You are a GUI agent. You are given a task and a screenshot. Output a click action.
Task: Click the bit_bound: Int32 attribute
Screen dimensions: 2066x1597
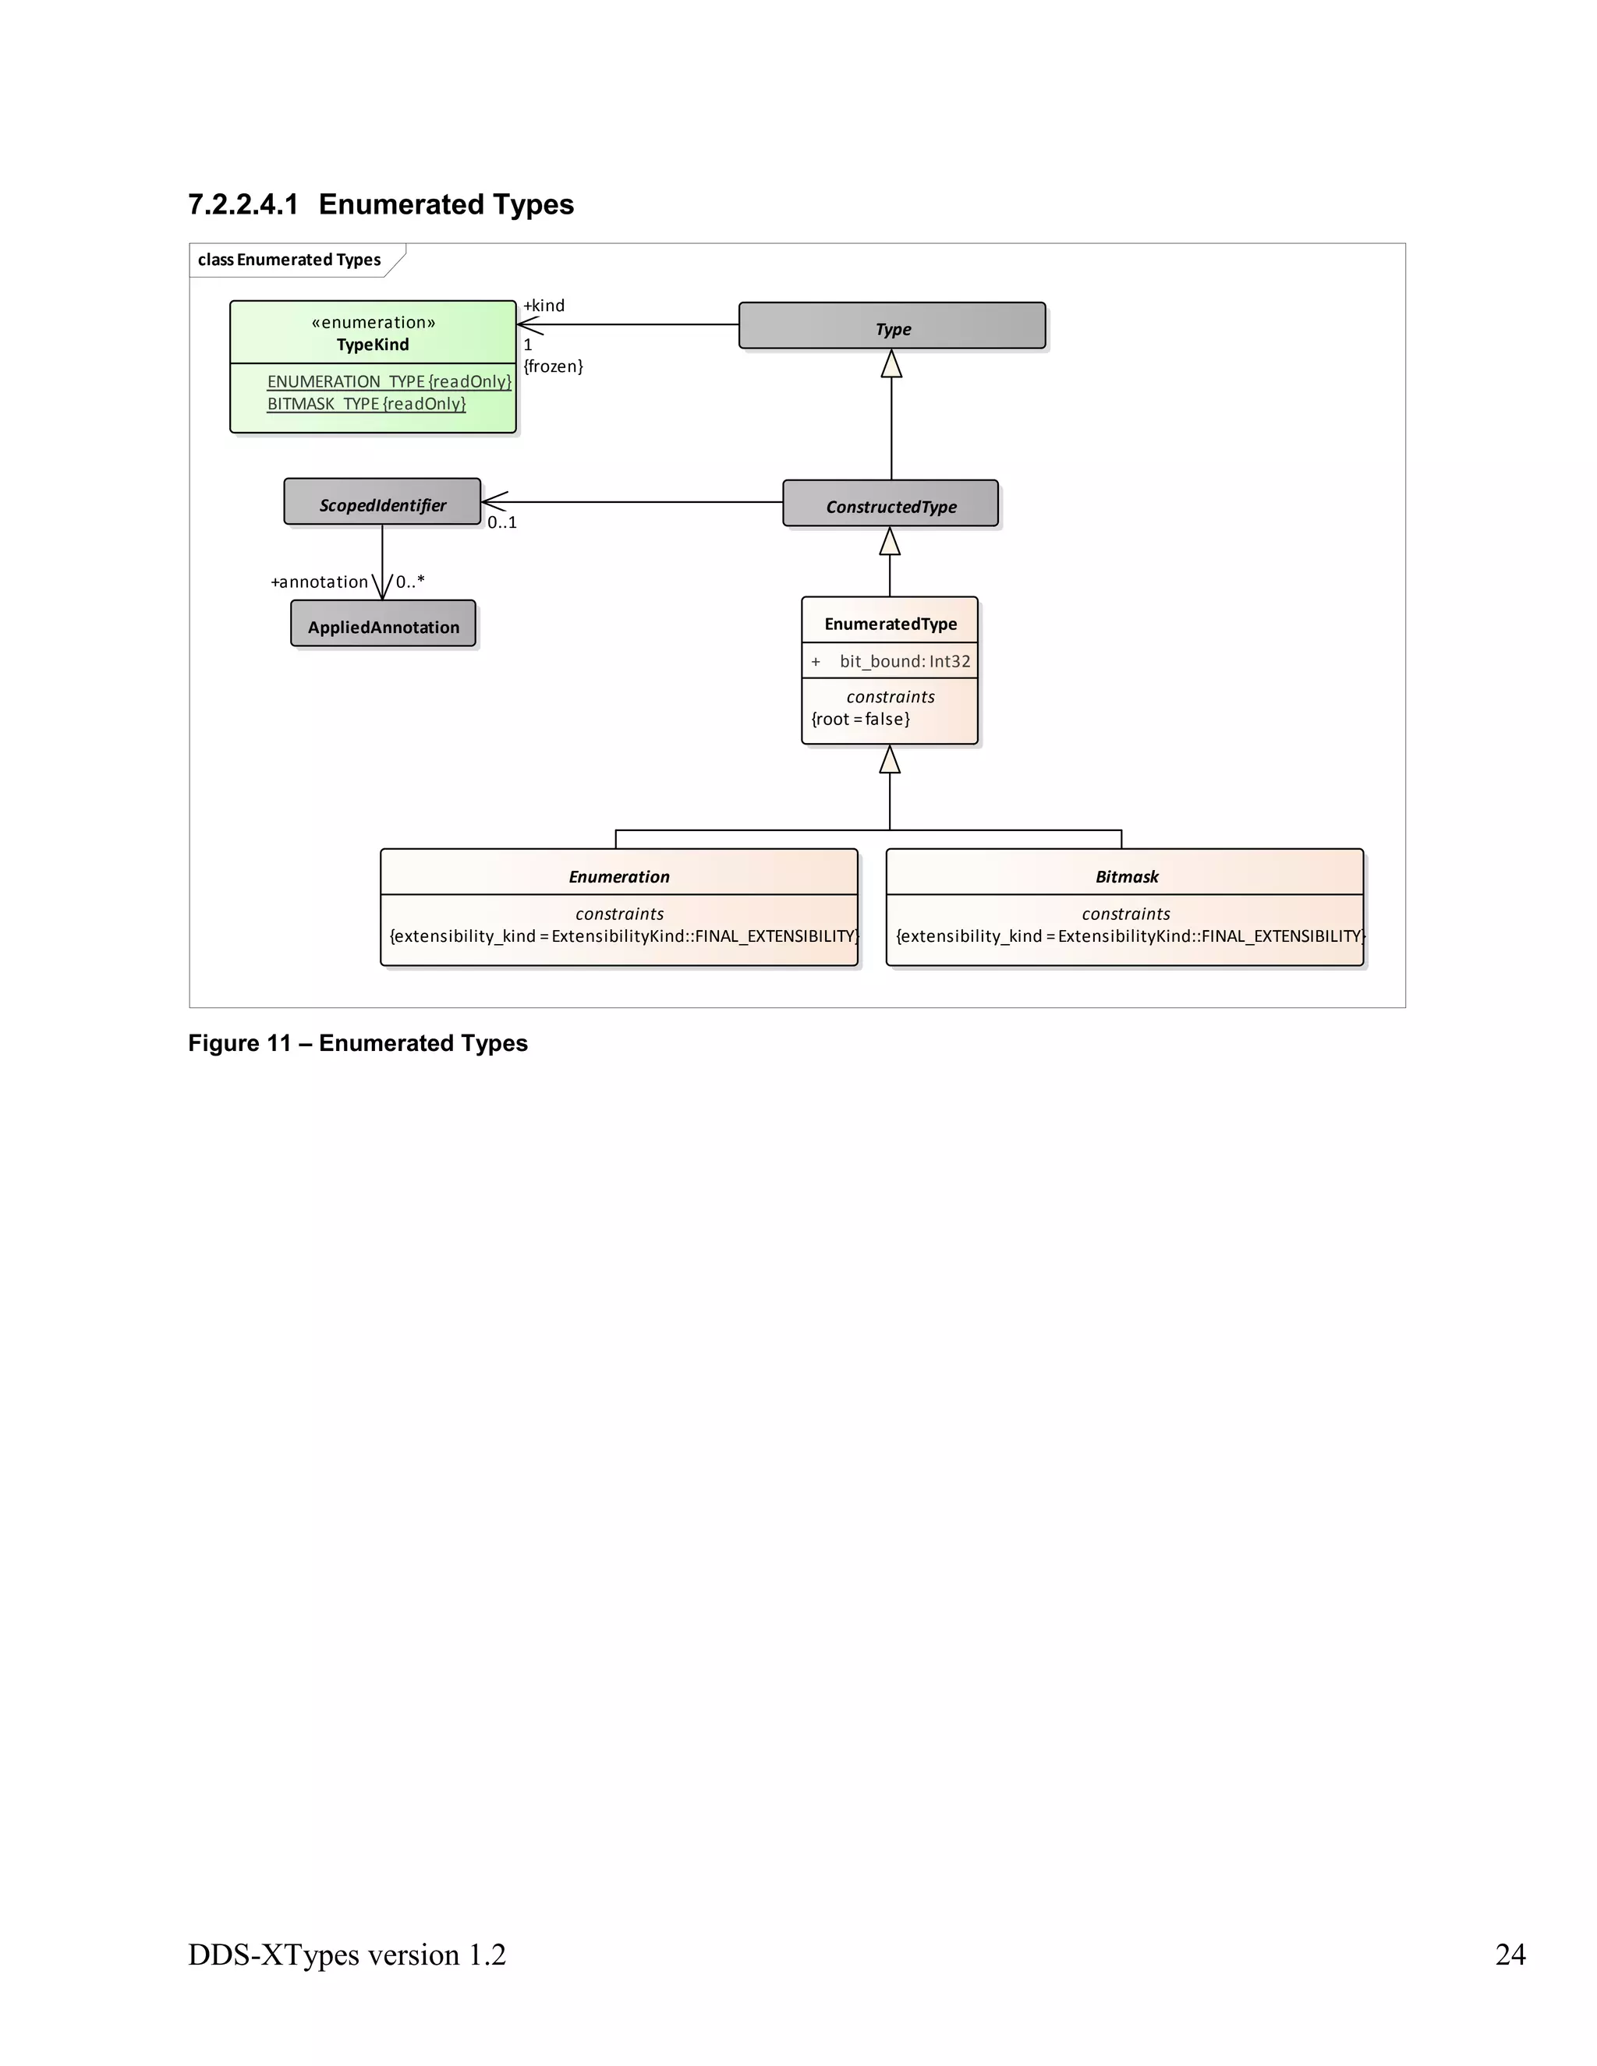[x=904, y=660]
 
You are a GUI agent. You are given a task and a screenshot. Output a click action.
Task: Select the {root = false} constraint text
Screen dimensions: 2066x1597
[x=860, y=718]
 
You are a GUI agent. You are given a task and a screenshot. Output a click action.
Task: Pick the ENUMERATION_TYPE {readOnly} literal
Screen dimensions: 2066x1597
[x=389, y=380]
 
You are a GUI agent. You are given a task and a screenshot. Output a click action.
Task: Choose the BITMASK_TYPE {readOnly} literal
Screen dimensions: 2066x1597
[x=366, y=403]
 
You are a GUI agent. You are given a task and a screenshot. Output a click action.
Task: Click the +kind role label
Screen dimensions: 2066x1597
[x=544, y=305]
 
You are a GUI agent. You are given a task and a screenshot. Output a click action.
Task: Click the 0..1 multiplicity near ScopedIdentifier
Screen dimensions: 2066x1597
[x=501, y=522]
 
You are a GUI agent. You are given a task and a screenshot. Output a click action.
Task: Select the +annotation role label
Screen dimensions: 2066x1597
[x=320, y=581]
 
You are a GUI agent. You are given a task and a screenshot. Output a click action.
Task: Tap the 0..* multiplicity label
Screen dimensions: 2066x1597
[x=409, y=581]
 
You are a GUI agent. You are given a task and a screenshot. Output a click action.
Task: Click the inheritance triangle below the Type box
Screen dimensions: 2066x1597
[x=891, y=364]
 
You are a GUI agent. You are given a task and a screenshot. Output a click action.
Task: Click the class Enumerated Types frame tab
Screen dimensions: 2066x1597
[x=289, y=259]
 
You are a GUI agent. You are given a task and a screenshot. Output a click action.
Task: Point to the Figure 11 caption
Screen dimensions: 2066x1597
[x=358, y=1042]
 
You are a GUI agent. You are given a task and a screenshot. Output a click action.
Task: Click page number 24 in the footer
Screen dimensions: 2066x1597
[x=1510, y=1954]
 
